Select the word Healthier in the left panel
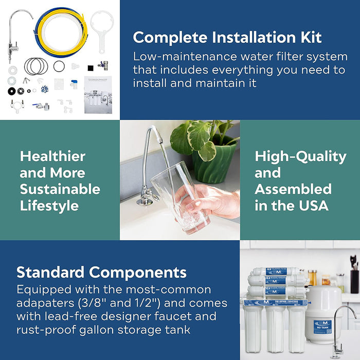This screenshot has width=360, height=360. (52, 156)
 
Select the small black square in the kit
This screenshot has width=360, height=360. (89, 67)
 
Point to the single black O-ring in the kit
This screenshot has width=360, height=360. (60, 66)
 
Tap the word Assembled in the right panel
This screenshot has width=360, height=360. (293, 189)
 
